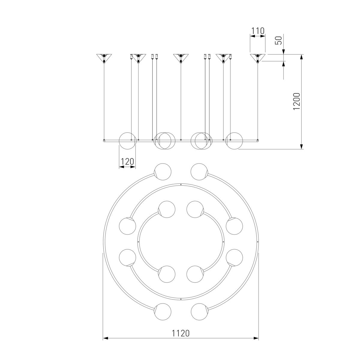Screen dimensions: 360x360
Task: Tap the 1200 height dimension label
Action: [297, 101]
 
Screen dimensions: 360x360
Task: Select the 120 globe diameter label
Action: [127, 161]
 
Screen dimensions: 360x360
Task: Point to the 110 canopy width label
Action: [258, 31]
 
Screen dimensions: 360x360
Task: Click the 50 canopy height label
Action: [278, 40]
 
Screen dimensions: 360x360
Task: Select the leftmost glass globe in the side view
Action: [127, 141]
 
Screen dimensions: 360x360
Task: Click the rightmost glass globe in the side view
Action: [234, 141]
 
